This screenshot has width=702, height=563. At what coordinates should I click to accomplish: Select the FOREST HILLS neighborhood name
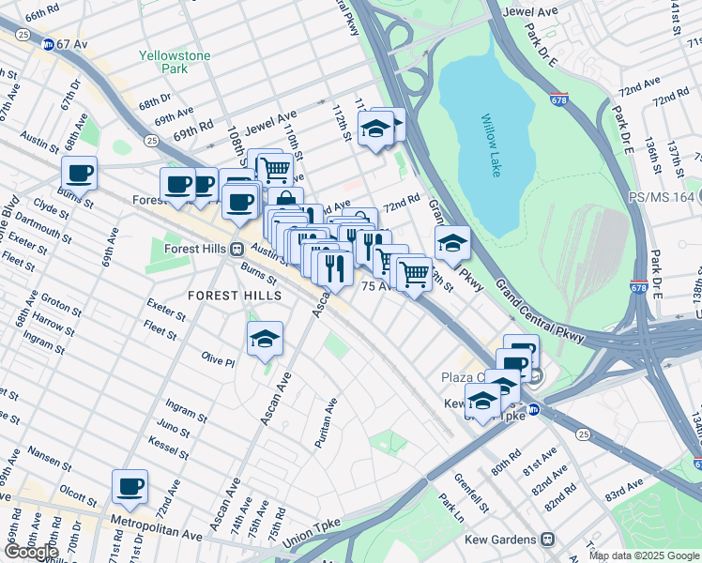[235, 296]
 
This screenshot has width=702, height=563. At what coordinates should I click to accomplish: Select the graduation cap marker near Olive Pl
[266, 339]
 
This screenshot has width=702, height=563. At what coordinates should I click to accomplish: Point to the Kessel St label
[169, 450]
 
